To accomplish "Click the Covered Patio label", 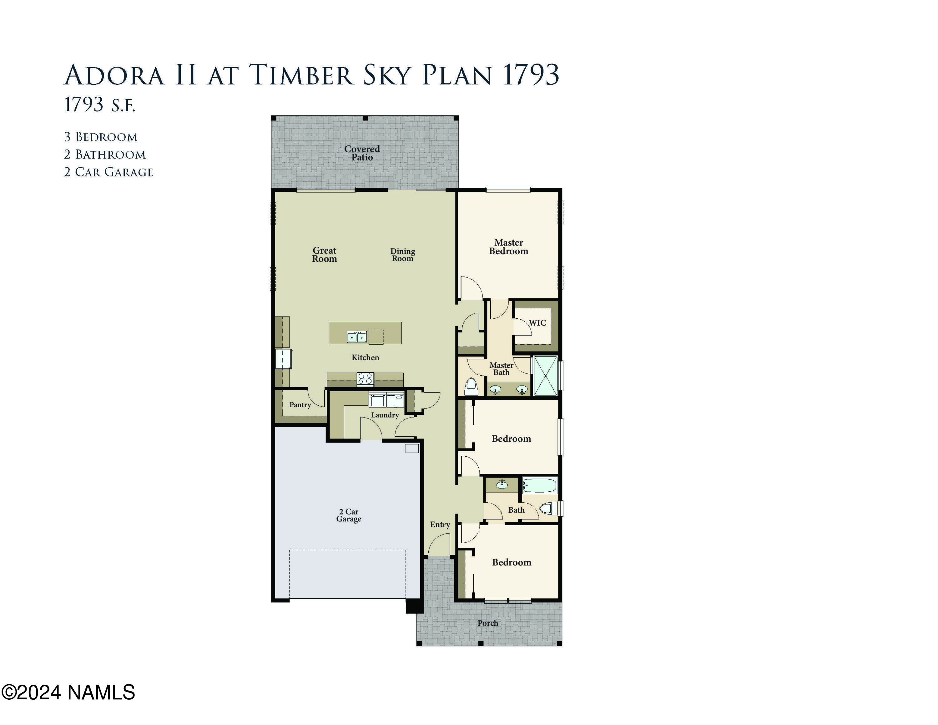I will [x=362, y=153].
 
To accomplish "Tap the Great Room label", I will [x=324, y=254].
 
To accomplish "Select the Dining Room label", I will [x=402, y=254].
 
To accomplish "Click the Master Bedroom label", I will [x=508, y=247].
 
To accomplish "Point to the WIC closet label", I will [x=537, y=322].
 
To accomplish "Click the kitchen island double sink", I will [x=357, y=337].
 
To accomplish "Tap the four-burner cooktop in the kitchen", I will [x=366, y=379].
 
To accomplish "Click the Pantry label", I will [x=300, y=405].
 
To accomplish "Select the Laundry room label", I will [x=385, y=415].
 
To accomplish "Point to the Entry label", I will [x=440, y=525].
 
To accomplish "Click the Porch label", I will [x=488, y=623].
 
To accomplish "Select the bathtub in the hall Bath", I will [x=539, y=486].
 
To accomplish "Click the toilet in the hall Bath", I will [x=547, y=509].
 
